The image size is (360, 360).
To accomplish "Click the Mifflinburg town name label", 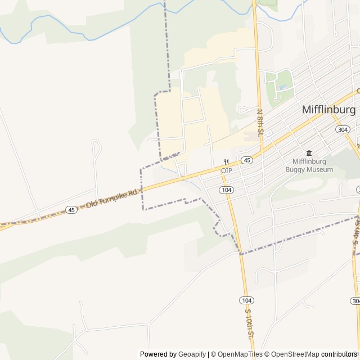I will pyautogui.click(x=329, y=110).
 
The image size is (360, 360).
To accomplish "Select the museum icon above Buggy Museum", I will pyautogui.click(x=309, y=153).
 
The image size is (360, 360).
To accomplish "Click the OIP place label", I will pyautogui.click(x=226, y=170).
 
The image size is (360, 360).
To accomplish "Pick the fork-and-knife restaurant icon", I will pyautogui.click(x=226, y=162).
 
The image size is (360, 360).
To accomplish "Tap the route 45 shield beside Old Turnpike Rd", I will pyautogui.click(x=71, y=210).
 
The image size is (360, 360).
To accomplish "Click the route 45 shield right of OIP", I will pyautogui.click(x=247, y=160).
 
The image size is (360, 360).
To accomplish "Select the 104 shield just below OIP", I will pyautogui.click(x=226, y=190).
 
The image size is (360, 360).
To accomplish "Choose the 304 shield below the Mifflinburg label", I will pyautogui.click(x=342, y=129).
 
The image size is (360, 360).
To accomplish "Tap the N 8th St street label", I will pyautogui.click(x=260, y=123).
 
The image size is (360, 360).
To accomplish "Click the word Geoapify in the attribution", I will pyautogui.click(x=192, y=354).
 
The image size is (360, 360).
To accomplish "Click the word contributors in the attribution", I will pyautogui.click(x=339, y=354).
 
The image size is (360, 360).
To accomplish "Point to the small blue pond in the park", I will pyautogui.click(x=282, y=87).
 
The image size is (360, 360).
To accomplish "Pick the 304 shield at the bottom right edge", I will pyautogui.click(x=355, y=301).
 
